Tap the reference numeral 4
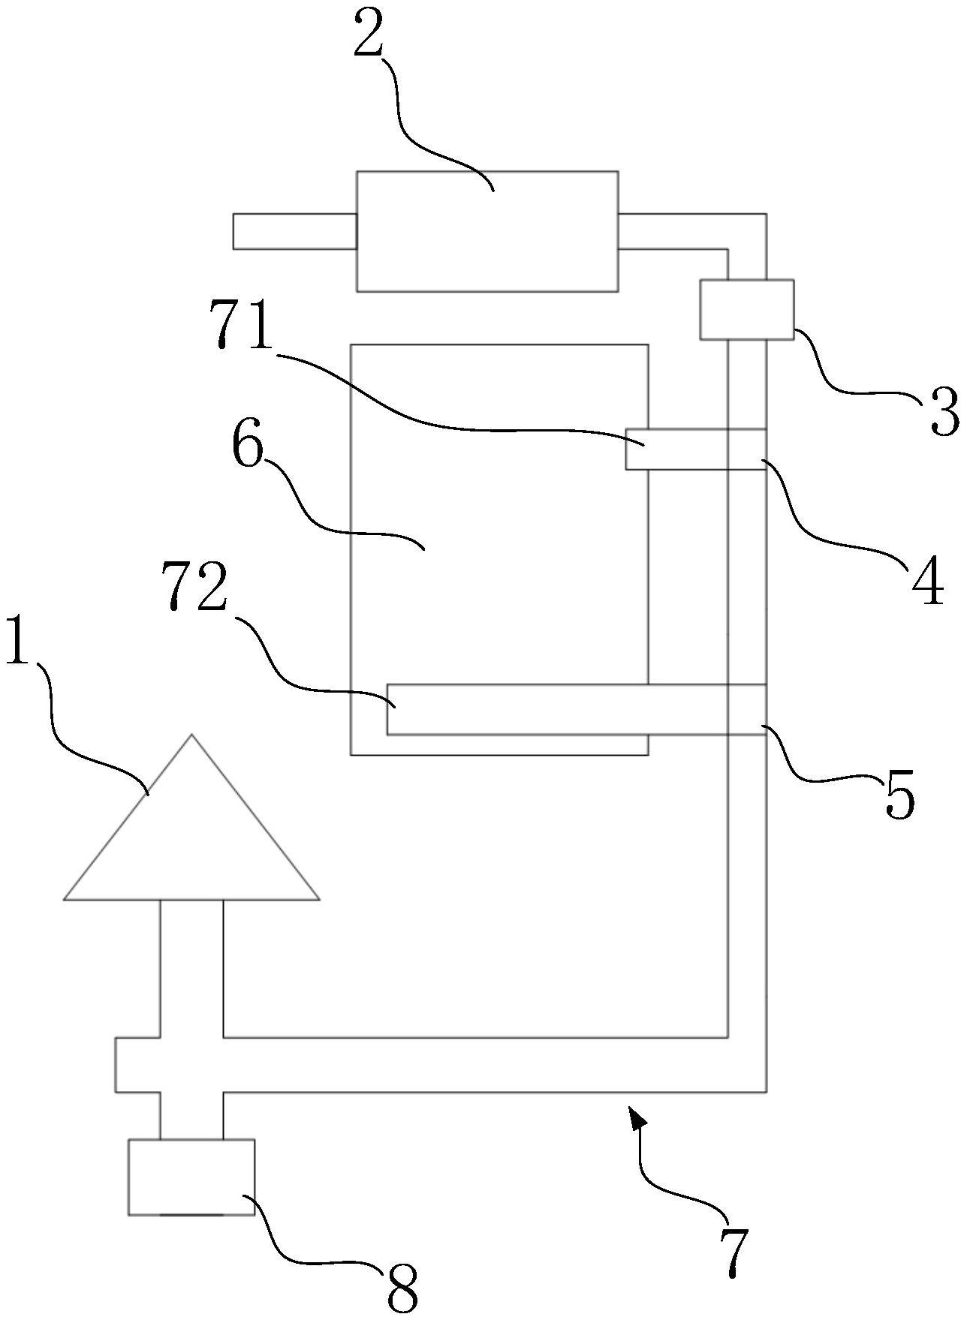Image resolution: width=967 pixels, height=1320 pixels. [928, 582]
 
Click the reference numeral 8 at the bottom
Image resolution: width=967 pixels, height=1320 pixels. [402, 1286]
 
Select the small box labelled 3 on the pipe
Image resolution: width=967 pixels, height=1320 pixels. [746, 309]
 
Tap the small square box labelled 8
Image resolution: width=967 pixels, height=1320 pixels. [191, 1177]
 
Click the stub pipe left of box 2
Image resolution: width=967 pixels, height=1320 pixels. [294, 231]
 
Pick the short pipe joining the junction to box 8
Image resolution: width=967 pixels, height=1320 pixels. [191, 1116]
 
